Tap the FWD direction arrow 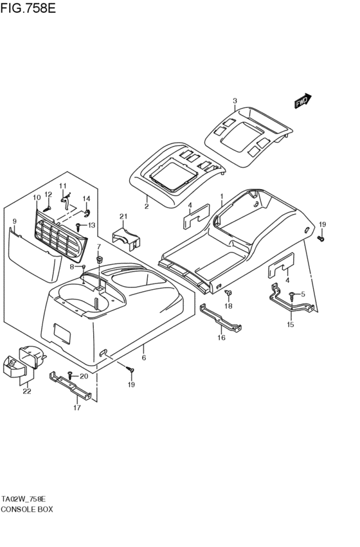click(302, 102)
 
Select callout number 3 click(235, 101)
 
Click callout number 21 click(123, 216)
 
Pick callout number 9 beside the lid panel click(14, 222)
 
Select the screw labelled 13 click(78, 226)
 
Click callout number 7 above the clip click(98, 247)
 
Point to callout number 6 click(144, 357)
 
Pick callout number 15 click(290, 325)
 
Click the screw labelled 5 click(292, 295)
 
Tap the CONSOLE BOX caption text click(27, 508)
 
